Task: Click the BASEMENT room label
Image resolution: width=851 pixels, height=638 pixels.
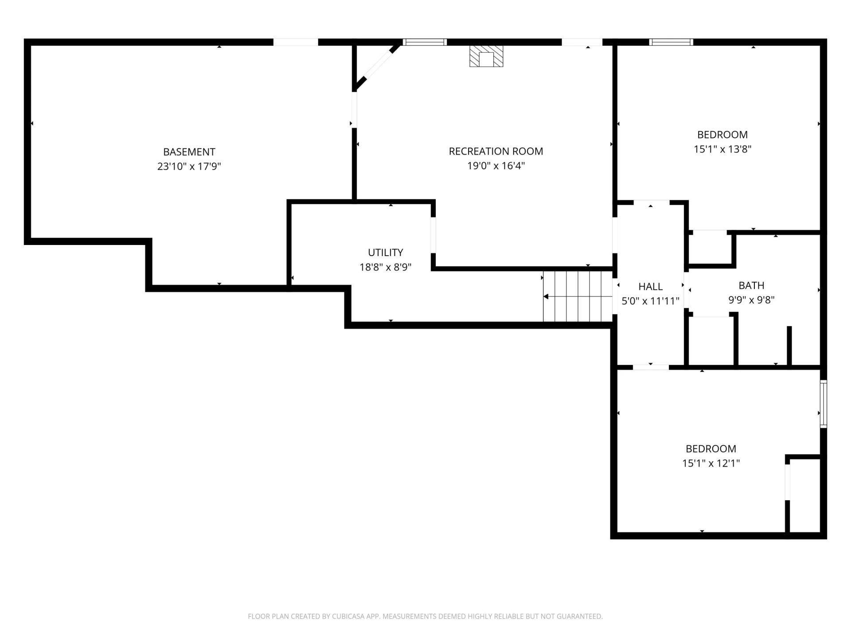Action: click(189, 152)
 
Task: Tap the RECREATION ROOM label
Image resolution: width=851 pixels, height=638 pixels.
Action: click(496, 152)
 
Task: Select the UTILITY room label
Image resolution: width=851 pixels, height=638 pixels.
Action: click(386, 253)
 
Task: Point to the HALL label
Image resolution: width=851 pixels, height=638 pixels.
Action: click(651, 287)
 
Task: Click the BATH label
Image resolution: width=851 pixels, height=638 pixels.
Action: click(751, 285)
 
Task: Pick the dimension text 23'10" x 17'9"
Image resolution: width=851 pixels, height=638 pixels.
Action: click(189, 167)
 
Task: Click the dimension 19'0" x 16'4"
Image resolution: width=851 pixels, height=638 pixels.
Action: click(496, 166)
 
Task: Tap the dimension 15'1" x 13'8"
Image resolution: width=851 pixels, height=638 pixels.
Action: click(722, 149)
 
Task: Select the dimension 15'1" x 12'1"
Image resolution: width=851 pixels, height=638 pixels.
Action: click(711, 463)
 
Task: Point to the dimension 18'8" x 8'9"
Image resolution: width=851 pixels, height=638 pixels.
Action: click(386, 267)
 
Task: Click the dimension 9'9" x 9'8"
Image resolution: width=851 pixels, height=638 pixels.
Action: click(751, 300)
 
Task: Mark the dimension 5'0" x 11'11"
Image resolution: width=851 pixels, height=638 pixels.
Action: click(651, 301)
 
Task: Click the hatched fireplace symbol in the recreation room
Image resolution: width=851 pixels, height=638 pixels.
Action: click(486, 56)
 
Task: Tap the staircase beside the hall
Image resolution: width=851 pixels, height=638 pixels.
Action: click(578, 296)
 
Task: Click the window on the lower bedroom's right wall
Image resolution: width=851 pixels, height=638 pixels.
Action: click(823, 404)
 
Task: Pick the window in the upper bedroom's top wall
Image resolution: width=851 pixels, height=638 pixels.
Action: click(671, 42)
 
